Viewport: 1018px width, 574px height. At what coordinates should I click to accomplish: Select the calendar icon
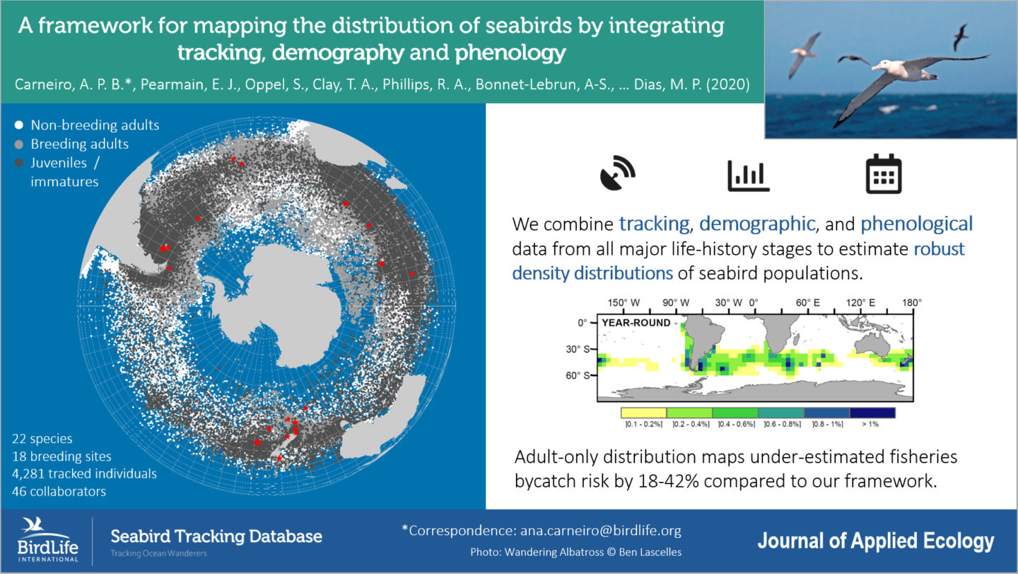(883, 174)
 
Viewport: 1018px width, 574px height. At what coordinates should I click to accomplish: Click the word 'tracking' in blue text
(654, 224)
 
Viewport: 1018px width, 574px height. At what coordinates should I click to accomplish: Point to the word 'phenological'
(916, 224)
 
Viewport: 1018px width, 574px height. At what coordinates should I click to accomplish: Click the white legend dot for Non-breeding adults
(20, 125)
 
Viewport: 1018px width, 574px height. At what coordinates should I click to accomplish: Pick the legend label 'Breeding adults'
(79, 144)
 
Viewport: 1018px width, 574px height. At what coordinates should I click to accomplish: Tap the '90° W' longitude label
(675, 303)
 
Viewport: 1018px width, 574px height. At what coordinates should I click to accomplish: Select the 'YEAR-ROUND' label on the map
(636, 323)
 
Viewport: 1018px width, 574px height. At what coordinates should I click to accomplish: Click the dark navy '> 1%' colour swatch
(872, 412)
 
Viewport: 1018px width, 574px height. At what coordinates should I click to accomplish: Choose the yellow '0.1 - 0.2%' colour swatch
(643, 412)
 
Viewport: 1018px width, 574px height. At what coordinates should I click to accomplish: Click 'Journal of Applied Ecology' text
(875, 541)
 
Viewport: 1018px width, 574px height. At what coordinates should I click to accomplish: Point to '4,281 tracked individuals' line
(84, 473)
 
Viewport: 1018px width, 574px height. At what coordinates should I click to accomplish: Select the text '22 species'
(42, 439)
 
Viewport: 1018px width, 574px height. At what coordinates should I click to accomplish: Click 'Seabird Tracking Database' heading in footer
(216, 536)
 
